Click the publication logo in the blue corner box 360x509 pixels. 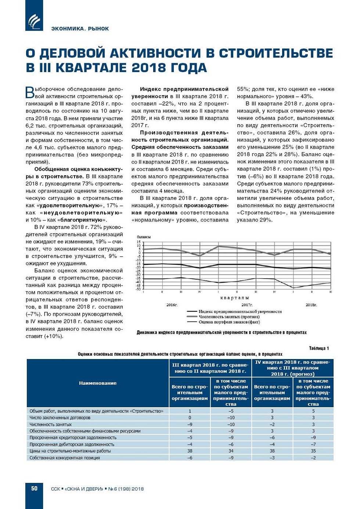(x=34, y=21)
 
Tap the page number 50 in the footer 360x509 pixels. (x=34, y=488)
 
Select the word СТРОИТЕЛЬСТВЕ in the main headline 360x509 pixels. (x=276, y=53)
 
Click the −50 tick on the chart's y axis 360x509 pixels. (x=138, y=289)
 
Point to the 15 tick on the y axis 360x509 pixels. (x=139, y=242)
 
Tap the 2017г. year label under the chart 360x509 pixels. (x=247, y=305)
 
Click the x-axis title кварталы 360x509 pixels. (x=235, y=298)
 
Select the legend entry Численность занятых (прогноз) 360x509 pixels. (x=229, y=316)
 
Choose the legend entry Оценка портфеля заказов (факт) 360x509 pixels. (x=229, y=322)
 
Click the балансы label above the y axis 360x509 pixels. (x=144, y=237)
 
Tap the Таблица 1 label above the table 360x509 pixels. (x=319, y=348)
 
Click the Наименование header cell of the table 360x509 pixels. (x=98, y=383)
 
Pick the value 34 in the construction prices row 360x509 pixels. (x=231, y=451)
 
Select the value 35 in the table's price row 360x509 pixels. (x=313, y=451)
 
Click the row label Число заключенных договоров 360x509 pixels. (x=60, y=418)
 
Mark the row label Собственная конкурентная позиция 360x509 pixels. (x=65, y=458)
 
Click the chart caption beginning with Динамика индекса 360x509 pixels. (x=222, y=333)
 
